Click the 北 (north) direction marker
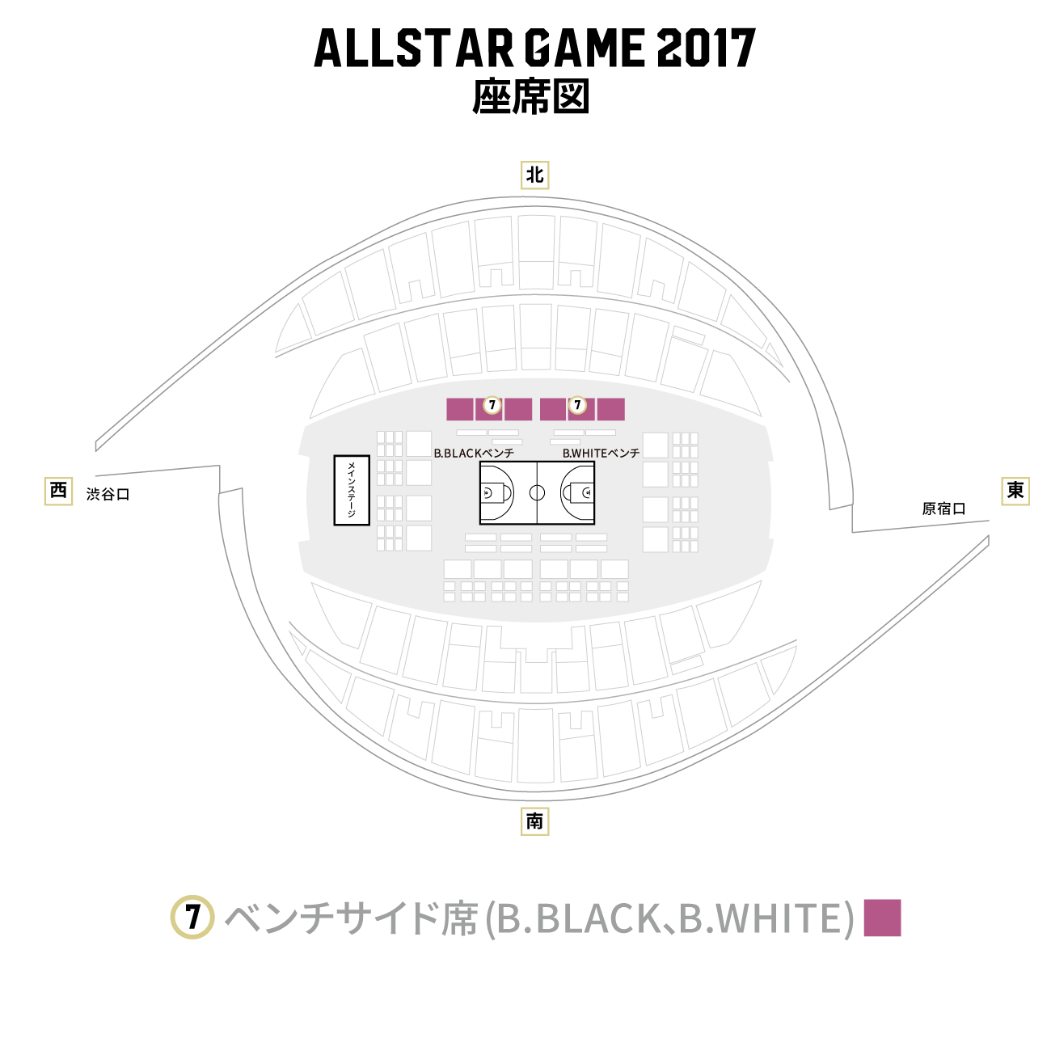[x=534, y=175]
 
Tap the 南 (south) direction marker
[x=534, y=821]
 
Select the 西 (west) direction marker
[x=58, y=491]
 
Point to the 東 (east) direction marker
[x=1015, y=491]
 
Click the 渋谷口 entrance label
[x=108, y=494]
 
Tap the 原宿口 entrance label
[x=943, y=509]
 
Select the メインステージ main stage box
[x=352, y=490]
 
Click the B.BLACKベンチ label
[x=474, y=453]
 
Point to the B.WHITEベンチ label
[x=601, y=453]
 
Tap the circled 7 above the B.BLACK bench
[x=492, y=405]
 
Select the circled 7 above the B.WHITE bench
[x=577, y=405]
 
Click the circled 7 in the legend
[x=192, y=917]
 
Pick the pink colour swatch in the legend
[x=883, y=918]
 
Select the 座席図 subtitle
[x=531, y=96]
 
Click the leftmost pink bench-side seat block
[x=460, y=409]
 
